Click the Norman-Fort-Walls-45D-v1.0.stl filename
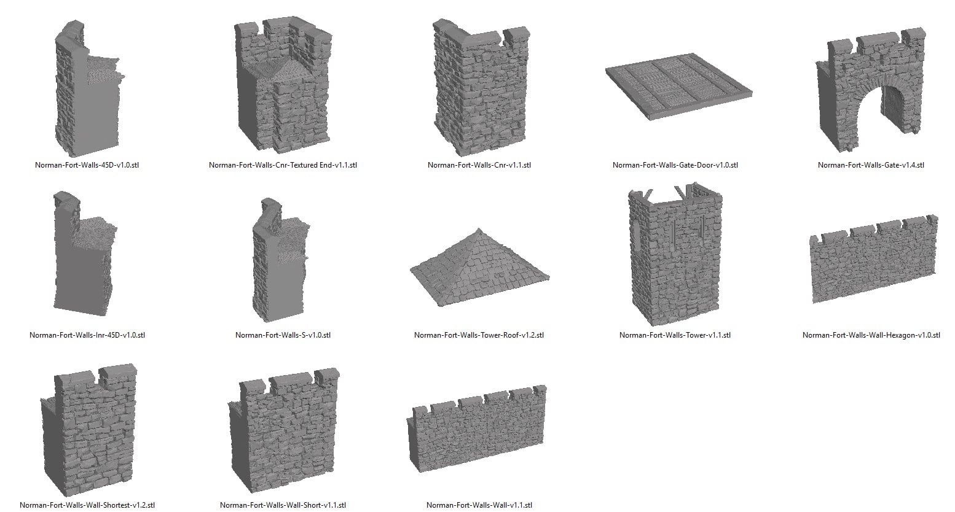[87, 165]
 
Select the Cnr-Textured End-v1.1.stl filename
[283, 165]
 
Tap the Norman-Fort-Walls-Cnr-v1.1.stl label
[479, 165]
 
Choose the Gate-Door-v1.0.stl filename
[675, 165]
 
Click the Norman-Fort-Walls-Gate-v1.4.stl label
[871, 165]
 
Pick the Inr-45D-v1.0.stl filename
[87, 335]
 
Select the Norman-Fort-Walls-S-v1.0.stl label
[283, 335]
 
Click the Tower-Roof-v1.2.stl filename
[479, 335]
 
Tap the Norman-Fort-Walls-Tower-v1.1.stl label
[675, 335]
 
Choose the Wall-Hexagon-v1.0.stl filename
[871, 335]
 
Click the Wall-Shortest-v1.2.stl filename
[87, 505]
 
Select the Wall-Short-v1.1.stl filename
[283, 505]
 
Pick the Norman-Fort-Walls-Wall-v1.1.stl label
[479, 505]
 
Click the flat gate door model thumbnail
[678, 87]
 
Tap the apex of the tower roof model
[479, 229]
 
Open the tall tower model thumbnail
[675, 254]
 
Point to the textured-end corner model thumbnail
[283, 85]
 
